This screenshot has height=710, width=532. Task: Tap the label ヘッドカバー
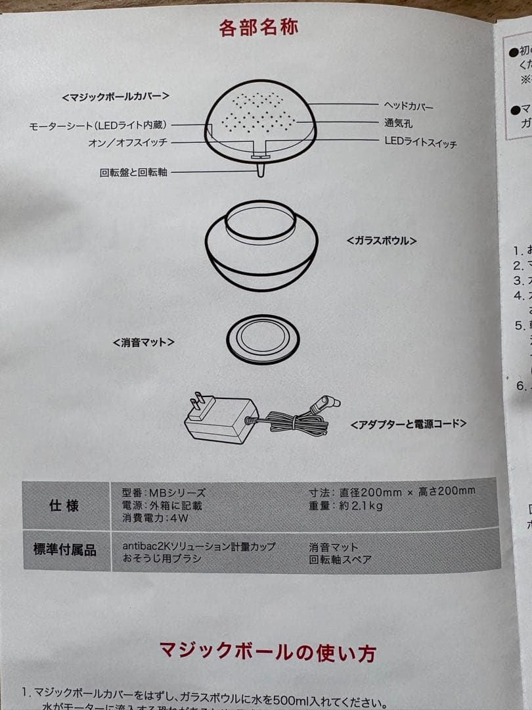click(x=409, y=105)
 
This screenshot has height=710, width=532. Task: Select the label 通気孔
click(x=399, y=123)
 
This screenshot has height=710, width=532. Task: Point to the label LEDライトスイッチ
click(x=420, y=142)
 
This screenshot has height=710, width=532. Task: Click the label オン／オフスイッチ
click(x=128, y=143)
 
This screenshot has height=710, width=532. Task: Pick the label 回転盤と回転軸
click(x=134, y=172)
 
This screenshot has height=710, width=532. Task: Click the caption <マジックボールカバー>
click(x=116, y=96)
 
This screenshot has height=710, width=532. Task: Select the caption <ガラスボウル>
click(x=382, y=241)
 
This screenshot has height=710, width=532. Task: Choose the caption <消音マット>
click(x=144, y=343)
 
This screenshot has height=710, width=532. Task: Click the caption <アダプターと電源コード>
click(x=409, y=423)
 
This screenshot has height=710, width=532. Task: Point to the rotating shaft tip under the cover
click(x=261, y=170)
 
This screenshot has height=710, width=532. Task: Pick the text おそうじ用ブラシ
click(x=162, y=559)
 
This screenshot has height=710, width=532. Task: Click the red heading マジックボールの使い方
click(x=267, y=652)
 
